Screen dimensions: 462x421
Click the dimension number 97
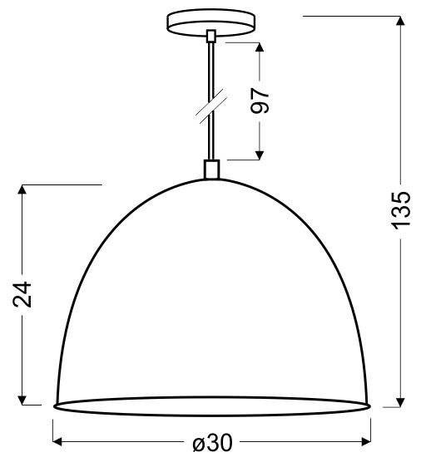(260, 100)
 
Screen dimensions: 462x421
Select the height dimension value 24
(24, 295)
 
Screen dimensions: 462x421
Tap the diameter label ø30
(211, 444)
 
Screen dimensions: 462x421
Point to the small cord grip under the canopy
(211, 37)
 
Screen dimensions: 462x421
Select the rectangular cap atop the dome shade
(211, 170)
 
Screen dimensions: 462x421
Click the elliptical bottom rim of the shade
(211, 406)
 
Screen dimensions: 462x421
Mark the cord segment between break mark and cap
(211, 137)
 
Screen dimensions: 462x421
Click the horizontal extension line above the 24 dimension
(58, 184)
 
